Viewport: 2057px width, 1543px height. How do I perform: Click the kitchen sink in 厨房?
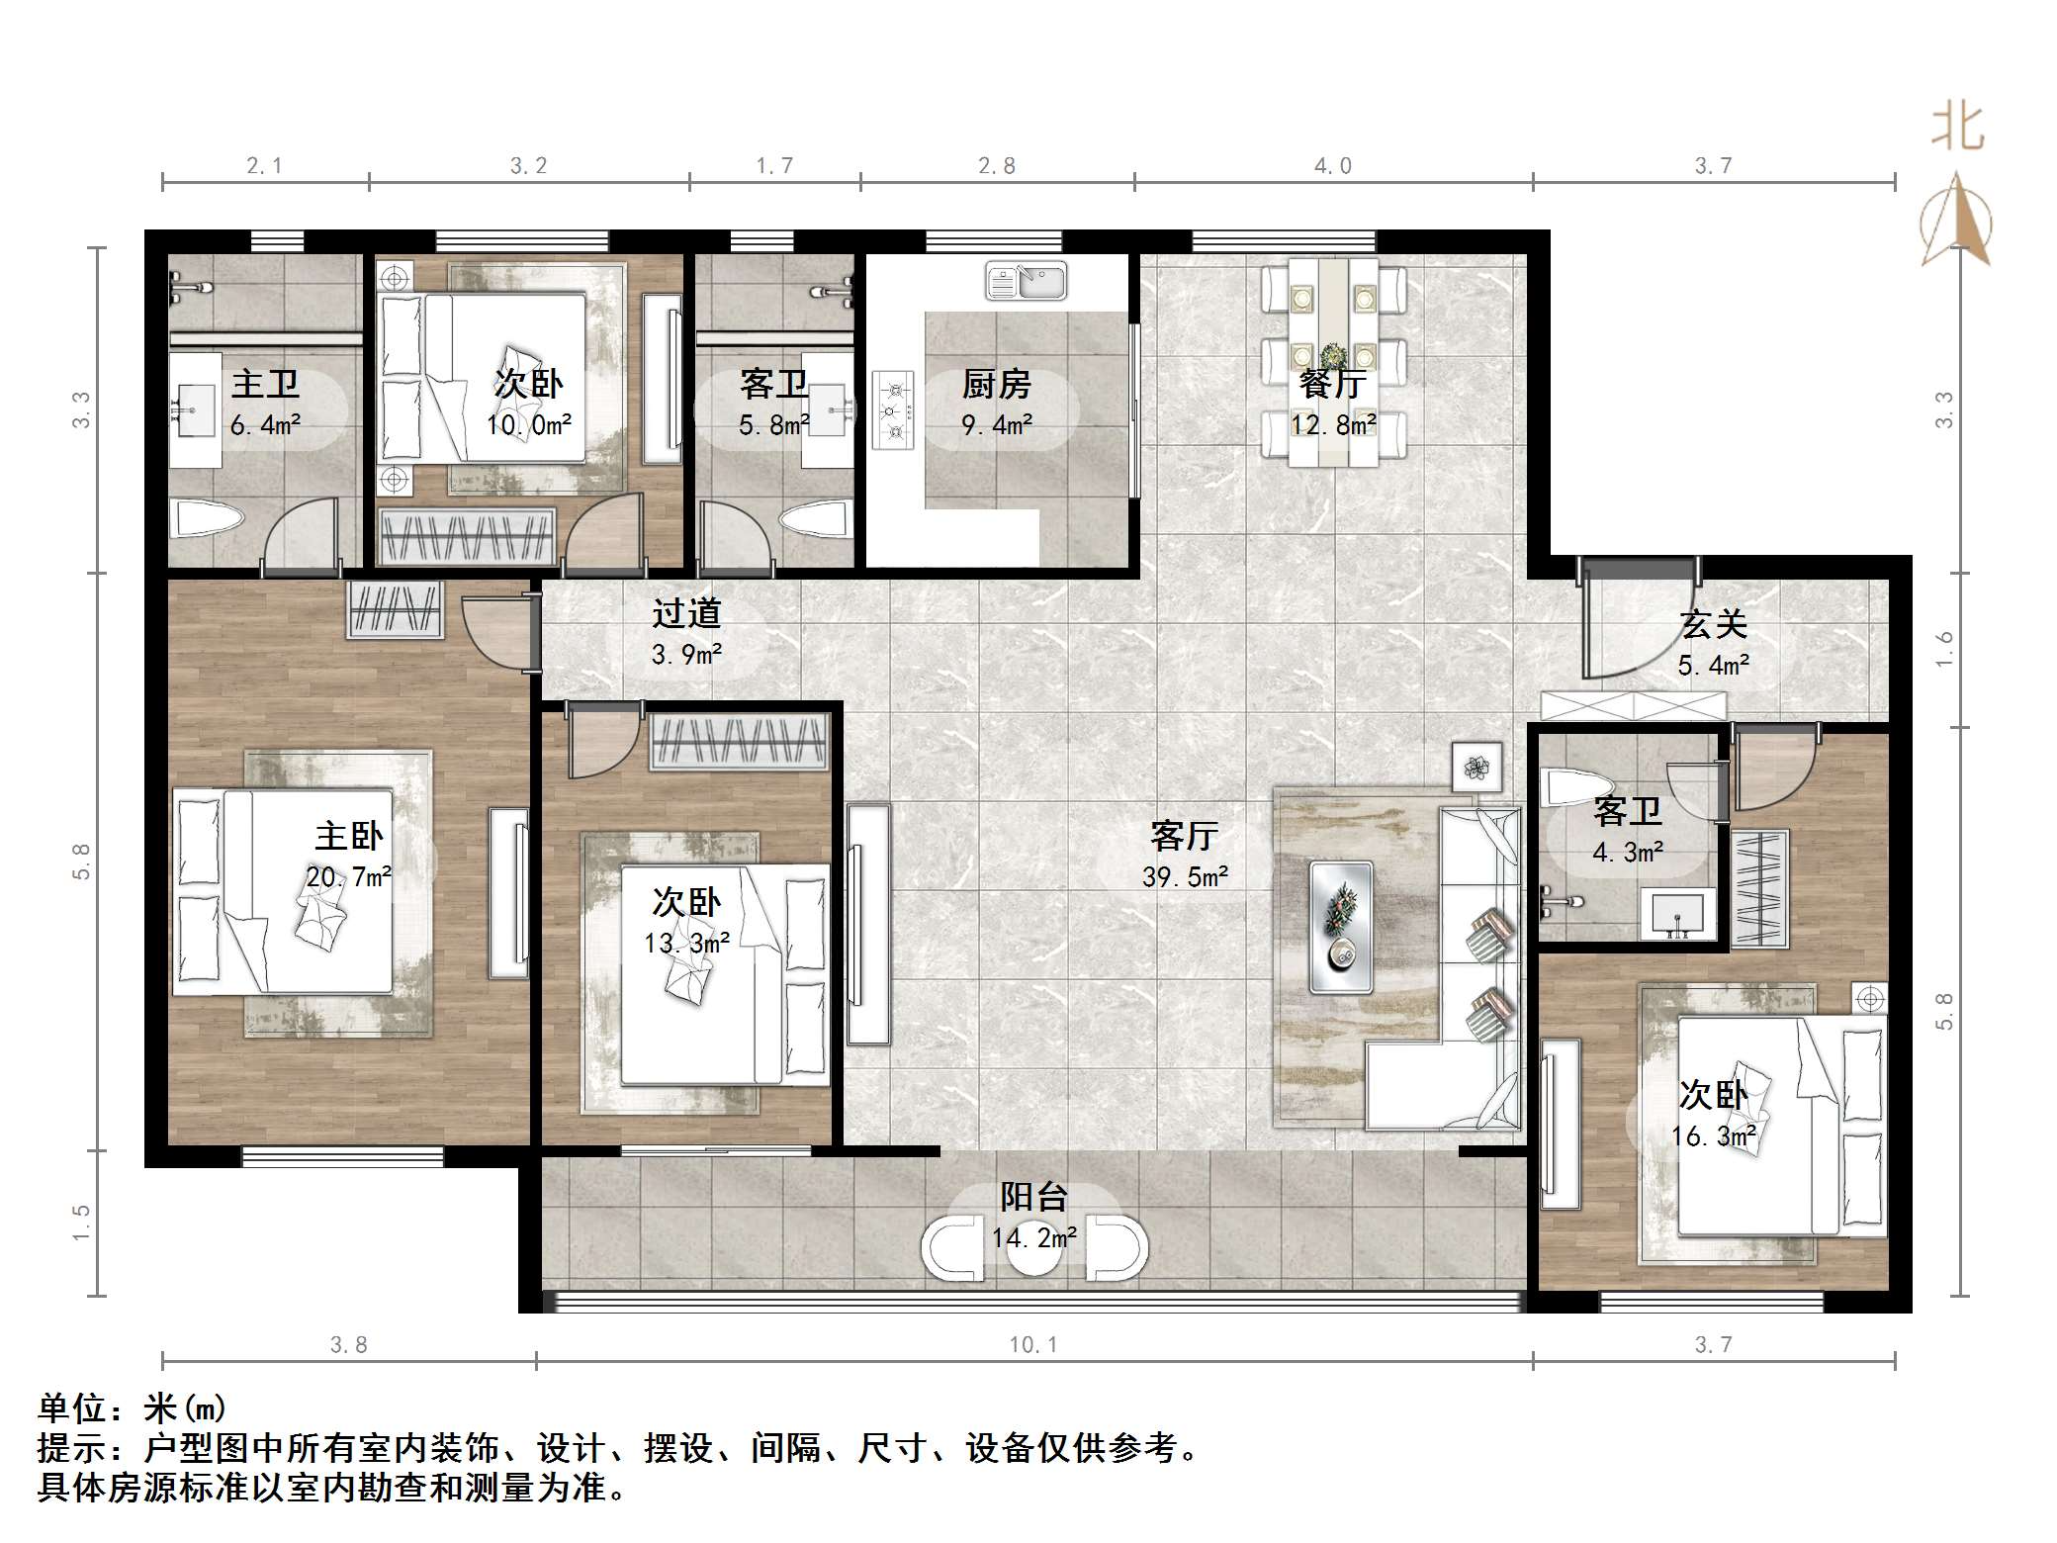click(x=1027, y=281)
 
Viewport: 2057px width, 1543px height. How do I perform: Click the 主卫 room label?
click(x=265, y=384)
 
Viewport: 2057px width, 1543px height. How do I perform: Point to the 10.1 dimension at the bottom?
click(x=1033, y=1344)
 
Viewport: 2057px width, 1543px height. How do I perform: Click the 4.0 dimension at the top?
click(x=1332, y=166)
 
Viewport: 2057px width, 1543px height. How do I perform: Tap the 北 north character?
click(x=1956, y=129)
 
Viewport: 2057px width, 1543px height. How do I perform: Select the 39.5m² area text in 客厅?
click(x=1185, y=877)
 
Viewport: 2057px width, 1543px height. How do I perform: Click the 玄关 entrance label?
click(x=1713, y=624)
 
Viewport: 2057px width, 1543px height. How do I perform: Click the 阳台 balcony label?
click(x=1033, y=1198)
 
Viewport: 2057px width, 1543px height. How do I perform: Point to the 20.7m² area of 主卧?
click(x=348, y=877)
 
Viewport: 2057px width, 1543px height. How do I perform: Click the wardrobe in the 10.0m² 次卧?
click(x=467, y=537)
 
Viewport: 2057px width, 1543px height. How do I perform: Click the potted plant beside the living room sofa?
click(x=1476, y=767)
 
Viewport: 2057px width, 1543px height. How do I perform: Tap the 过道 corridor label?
click(x=685, y=614)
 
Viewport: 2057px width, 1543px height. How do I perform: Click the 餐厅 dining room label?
click(x=1332, y=384)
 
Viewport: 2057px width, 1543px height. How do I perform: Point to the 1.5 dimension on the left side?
click(x=81, y=1223)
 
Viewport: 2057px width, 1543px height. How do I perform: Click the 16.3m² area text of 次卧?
click(x=1713, y=1136)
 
